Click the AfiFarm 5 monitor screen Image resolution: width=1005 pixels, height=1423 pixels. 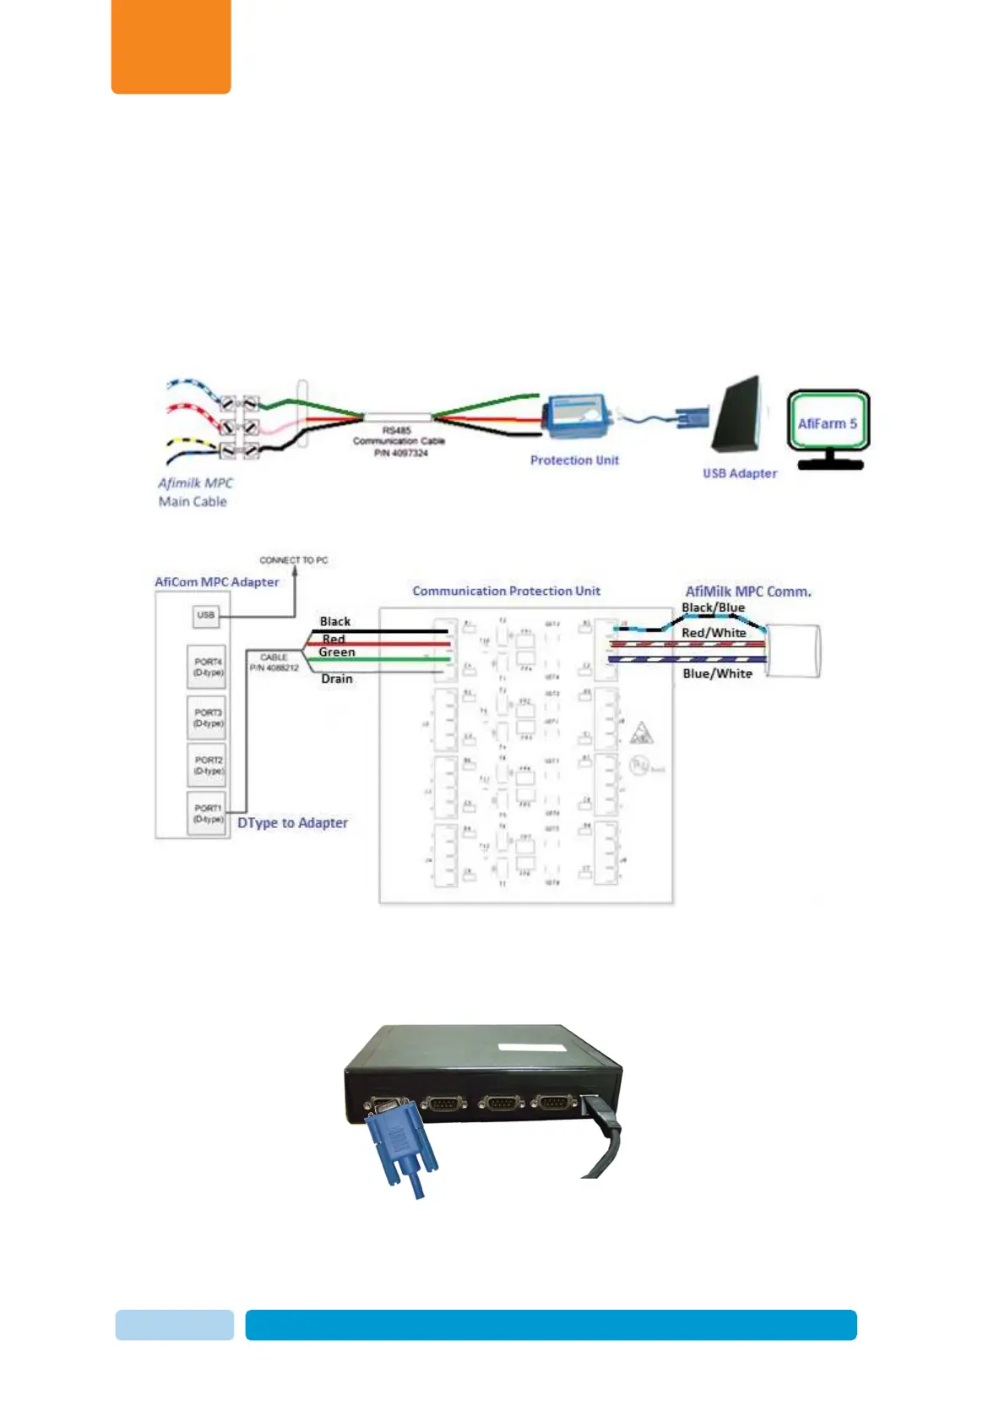pyautogui.click(x=828, y=423)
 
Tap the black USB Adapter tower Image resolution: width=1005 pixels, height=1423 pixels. pyautogui.click(x=736, y=416)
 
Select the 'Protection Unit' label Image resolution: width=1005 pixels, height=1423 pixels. pyautogui.click(x=574, y=461)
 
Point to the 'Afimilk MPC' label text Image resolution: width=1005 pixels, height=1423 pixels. pyautogui.click(x=195, y=483)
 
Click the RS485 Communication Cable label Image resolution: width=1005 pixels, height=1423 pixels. pyautogui.click(x=399, y=441)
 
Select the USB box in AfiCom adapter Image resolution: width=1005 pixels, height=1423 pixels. pyautogui.click(x=206, y=615)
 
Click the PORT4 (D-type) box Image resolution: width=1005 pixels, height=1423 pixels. pyautogui.click(x=208, y=667)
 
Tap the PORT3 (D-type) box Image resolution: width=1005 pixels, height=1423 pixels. pyautogui.click(x=208, y=717)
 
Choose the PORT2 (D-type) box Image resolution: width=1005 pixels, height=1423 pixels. pyautogui.click(x=208, y=765)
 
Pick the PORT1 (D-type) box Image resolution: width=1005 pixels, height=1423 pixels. pyautogui.click(x=208, y=813)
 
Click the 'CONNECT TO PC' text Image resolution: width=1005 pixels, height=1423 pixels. pyautogui.click(x=293, y=560)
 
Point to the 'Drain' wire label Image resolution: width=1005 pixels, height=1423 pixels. pyautogui.click(x=337, y=679)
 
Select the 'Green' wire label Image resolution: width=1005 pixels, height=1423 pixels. pyautogui.click(x=337, y=652)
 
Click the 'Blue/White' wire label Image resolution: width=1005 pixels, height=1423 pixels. pyautogui.click(x=717, y=673)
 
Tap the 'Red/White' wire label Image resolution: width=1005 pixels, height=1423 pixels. pyautogui.click(x=714, y=633)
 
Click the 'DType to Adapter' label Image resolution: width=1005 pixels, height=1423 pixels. pyautogui.click(x=292, y=823)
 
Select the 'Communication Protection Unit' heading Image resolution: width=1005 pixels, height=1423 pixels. pyautogui.click(x=506, y=592)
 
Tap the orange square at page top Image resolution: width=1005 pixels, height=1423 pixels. pyautogui.click(x=171, y=46)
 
